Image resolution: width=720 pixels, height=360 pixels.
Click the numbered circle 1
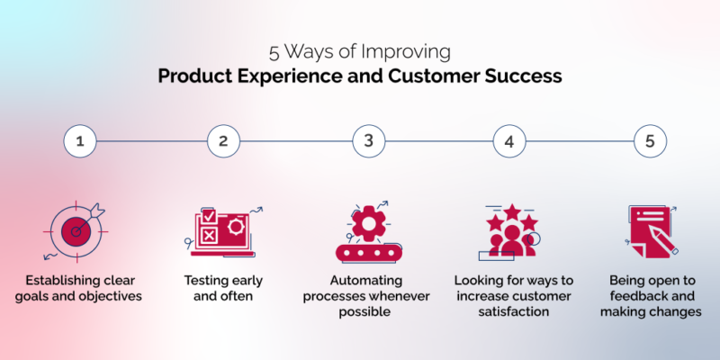pyautogui.click(x=79, y=141)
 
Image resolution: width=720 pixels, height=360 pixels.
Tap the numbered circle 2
pyautogui.click(x=222, y=141)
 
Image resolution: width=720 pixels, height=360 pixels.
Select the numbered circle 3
pyautogui.click(x=367, y=141)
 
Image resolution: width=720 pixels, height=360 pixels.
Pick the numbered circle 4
pyautogui.click(x=508, y=141)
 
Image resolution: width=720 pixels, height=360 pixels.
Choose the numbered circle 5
pyautogui.click(x=650, y=141)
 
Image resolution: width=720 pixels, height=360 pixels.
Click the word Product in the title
pyautogui.click(x=192, y=76)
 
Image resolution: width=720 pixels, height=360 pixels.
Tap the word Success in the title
pyautogui.click(x=526, y=76)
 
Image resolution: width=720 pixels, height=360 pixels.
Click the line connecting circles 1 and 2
pyautogui.click(x=150, y=141)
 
